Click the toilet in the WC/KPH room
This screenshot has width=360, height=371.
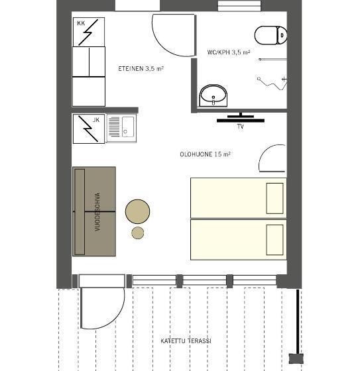pyautogui.click(x=270, y=35)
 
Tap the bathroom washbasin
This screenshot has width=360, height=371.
pyautogui.click(x=213, y=95)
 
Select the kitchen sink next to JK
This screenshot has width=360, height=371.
pyautogui.click(x=121, y=128)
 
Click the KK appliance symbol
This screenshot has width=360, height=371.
pyautogui.click(x=89, y=32)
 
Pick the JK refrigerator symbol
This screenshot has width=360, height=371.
pyautogui.click(x=89, y=129)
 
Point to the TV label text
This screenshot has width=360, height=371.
pyautogui.click(x=241, y=127)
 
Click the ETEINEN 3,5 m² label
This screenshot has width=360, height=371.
pyautogui.click(x=141, y=69)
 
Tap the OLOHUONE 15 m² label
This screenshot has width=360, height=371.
pyautogui.click(x=205, y=154)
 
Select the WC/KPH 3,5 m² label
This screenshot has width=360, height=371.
pyautogui.click(x=229, y=52)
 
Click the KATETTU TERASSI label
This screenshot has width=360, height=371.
pyautogui.click(x=186, y=341)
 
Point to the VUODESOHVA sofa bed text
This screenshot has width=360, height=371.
pyautogui.click(x=97, y=212)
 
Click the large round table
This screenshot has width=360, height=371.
pyautogui.click(x=137, y=211)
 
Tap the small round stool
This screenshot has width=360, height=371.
pyautogui.click(x=138, y=233)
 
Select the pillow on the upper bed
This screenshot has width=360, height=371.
pyautogui.click(x=274, y=198)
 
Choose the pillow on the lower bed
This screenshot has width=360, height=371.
pyautogui.click(x=274, y=240)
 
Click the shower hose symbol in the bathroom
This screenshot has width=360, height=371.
pyautogui.click(x=272, y=83)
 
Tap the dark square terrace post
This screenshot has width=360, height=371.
pyautogui.click(x=296, y=358)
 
